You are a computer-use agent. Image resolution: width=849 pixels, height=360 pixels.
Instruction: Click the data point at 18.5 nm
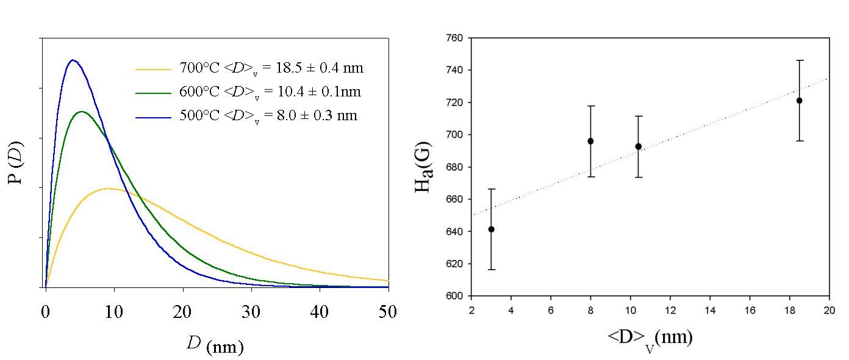[799, 101]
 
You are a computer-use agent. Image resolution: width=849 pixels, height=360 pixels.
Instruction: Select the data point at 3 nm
[492, 229]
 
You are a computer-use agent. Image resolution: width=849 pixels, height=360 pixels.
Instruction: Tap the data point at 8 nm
[590, 141]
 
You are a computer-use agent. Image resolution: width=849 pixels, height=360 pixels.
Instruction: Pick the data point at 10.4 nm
[638, 146]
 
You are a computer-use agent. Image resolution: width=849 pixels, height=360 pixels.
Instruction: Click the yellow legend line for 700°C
[153, 70]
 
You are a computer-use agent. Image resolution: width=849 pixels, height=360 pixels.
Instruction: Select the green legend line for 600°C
[153, 93]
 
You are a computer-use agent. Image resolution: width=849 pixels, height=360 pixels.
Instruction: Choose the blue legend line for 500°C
[153, 116]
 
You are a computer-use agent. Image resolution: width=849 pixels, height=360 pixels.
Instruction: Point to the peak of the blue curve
[73, 60]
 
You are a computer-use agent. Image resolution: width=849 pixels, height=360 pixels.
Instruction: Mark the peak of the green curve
[81, 112]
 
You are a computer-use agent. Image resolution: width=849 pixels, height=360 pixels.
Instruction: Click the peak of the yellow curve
[109, 189]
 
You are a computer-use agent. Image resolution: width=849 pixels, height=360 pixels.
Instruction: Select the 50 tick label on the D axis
[388, 312]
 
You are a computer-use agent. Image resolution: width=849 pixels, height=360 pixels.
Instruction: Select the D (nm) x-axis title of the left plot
[215, 346]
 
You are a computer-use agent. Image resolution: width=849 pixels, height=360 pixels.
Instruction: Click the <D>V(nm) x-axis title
[649, 337]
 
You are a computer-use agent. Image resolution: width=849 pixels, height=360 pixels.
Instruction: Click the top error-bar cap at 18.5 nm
[799, 60]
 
